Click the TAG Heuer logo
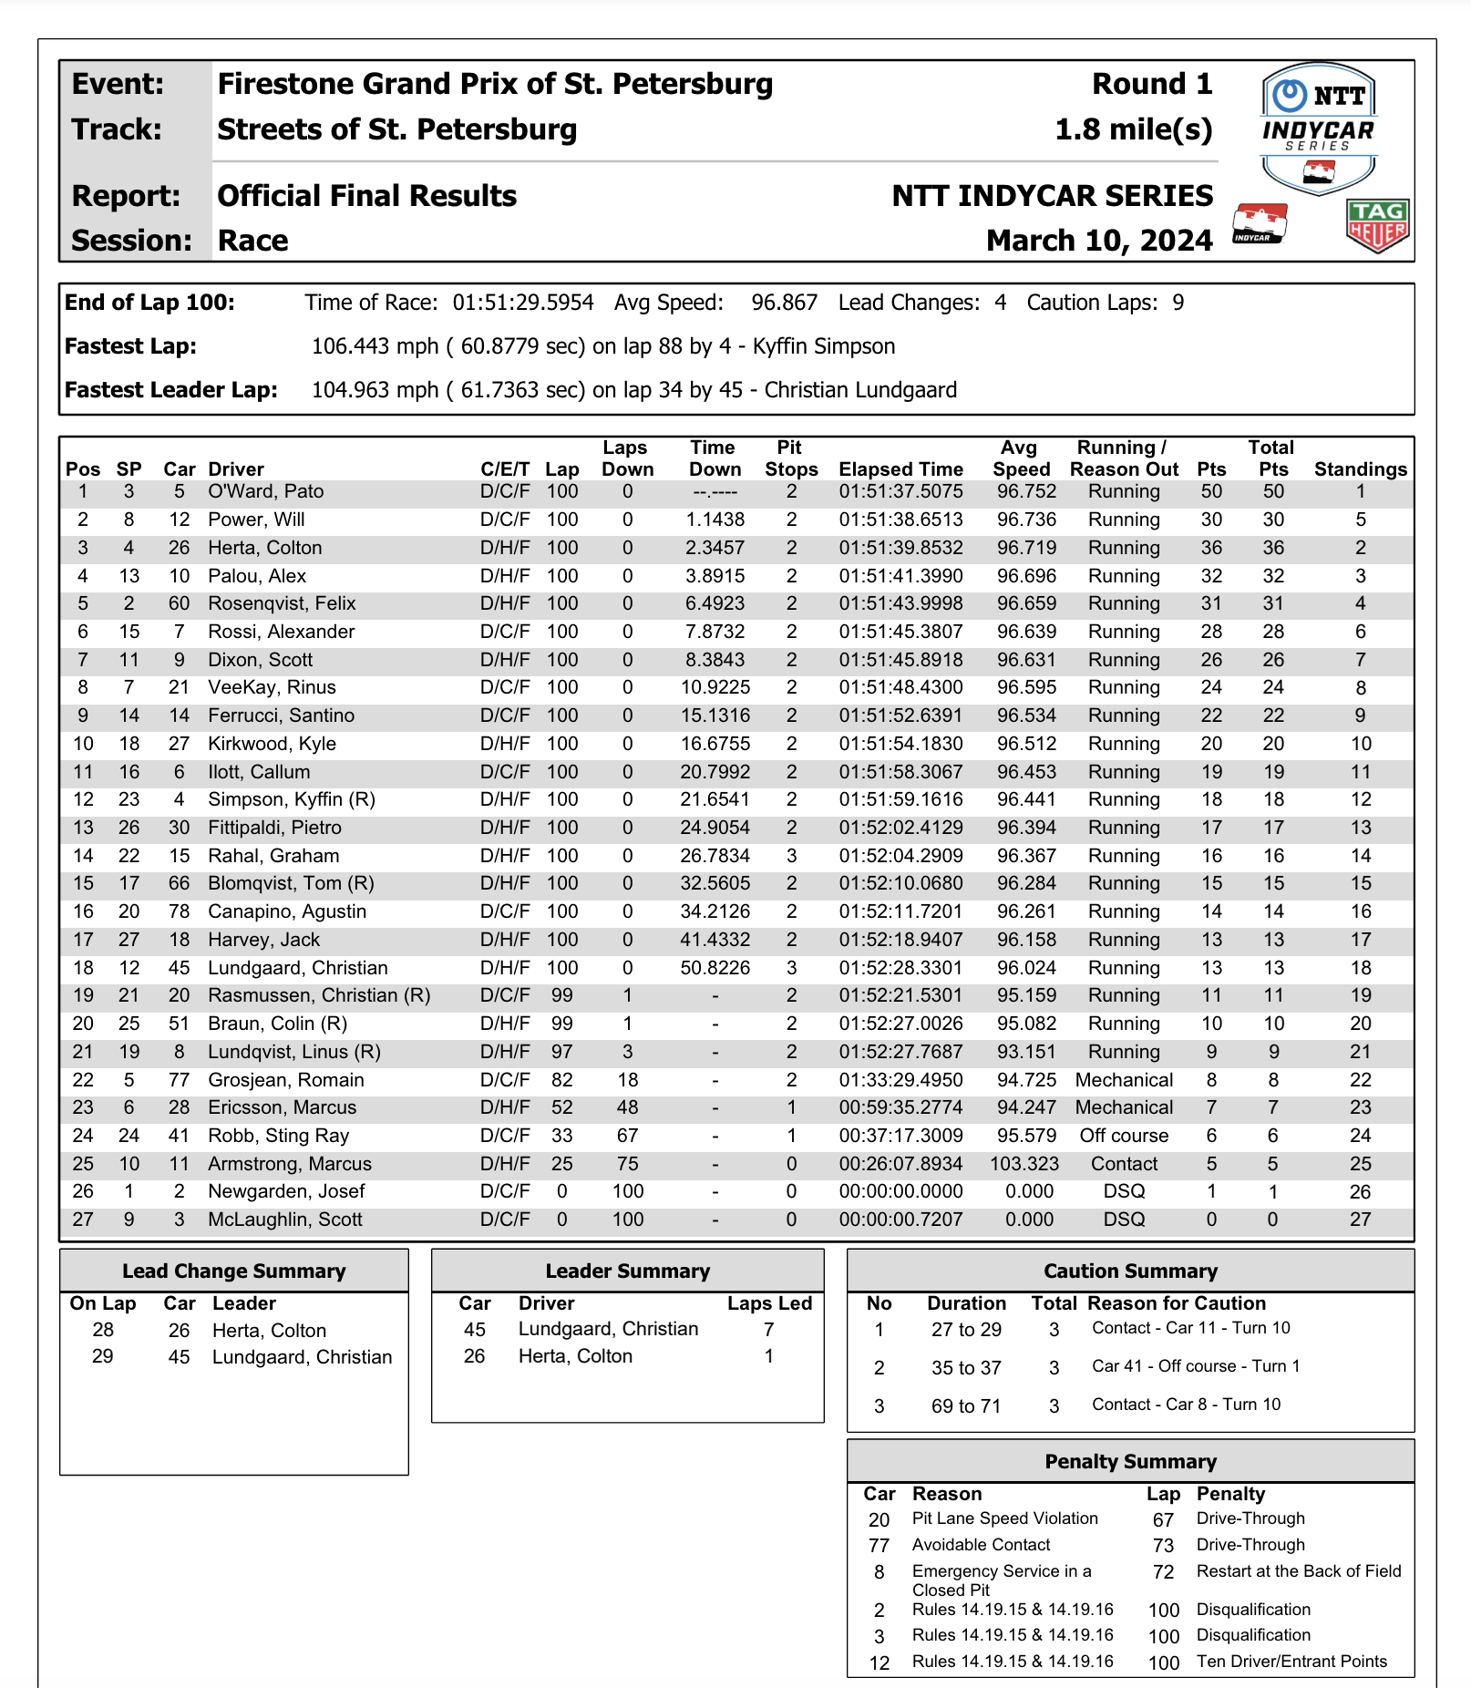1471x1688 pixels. tap(1377, 225)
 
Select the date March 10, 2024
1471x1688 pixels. tap(1099, 241)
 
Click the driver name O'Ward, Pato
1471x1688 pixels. tap(265, 491)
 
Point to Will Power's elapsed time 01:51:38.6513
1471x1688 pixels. tap(900, 520)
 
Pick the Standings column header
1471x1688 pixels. tap(1360, 469)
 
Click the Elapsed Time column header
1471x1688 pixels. tap(900, 469)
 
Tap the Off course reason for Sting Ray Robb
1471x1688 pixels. tap(1124, 1136)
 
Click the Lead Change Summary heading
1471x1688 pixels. tap(234, 1271)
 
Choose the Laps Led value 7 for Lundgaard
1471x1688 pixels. tap(768, 1329)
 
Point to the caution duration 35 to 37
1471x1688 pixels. tap(966, 1368)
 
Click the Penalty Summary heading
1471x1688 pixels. tap(1130, 1462)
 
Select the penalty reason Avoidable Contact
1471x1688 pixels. tap(981, 1545)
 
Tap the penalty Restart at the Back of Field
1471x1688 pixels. tap(1299, 1571)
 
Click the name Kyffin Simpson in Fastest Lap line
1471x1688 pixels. tap(824, 346)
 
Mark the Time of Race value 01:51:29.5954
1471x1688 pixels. tap(523, 303)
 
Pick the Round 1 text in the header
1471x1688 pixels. tap(1152, 84)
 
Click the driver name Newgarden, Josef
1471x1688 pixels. tap(286, 1191)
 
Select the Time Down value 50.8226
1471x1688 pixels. tap(715, 968)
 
